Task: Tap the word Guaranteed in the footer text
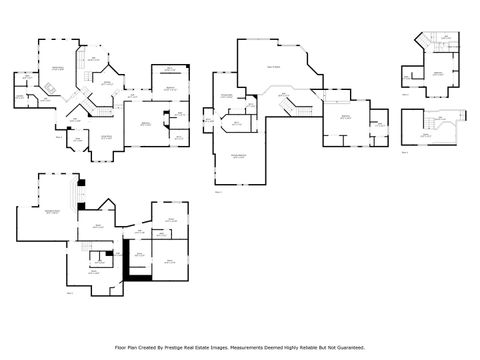tap(346, 347)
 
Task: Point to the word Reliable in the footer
tap(311, 347)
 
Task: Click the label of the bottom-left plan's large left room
tap(50, 212)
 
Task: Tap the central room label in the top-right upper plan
tap(438, 74)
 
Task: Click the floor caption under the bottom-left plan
tap(70, 294)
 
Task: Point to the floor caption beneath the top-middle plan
tap(217, 191)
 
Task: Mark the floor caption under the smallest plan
tap(405, 153)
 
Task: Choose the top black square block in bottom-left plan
tap(82, 183)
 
